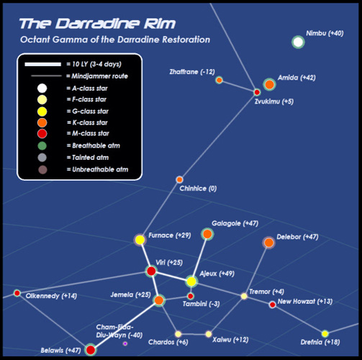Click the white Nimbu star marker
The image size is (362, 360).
298,42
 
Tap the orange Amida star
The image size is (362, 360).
269,84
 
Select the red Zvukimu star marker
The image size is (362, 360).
257,92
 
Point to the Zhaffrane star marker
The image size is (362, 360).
219,80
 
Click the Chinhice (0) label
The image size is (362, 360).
198,189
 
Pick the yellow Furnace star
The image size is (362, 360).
140,240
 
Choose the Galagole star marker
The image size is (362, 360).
207,234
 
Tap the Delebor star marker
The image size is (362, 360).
268,243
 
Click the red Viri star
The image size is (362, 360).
151,271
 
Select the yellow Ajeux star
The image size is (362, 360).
191,282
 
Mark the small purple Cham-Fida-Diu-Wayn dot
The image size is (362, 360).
125,343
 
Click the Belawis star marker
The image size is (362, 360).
91,350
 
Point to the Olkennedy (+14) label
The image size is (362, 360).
51,296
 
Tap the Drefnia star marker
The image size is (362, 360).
325,333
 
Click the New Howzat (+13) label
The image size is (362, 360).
305,302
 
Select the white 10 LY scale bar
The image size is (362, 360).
43,64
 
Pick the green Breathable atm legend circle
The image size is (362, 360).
42,145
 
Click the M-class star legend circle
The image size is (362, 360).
42,133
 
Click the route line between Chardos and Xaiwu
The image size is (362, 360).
194,334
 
